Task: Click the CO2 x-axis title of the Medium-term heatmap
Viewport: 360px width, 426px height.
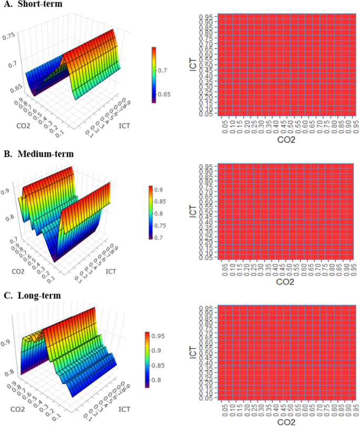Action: pyautogui.click(x=286, y=282)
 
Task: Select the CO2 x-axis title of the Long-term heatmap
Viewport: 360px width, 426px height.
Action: pyautogui.click(x=286, y=421)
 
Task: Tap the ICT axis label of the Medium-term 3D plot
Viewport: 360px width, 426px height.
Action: pyautogui.click(x=110, y=272)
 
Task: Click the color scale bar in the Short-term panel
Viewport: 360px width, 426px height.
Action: pyautogui.click(x=153, y=75)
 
